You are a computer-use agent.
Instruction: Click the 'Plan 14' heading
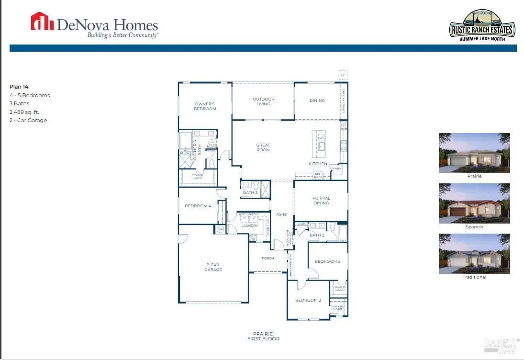point(20,87)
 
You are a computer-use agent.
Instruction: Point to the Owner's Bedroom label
point(205,106)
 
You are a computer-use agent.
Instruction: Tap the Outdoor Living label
point(263,101)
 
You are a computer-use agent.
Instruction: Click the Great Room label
point(263,147)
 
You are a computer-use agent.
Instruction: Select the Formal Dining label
point(321,201)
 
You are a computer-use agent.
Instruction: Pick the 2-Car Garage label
point(213,267)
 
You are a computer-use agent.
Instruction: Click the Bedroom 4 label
point(198,206)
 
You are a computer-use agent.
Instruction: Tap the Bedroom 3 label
point(308,300)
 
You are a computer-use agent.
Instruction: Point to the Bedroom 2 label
point(327,261)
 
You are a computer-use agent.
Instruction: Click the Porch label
point(268,259)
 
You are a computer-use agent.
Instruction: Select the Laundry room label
point(249,225)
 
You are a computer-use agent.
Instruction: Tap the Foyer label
point(282,214)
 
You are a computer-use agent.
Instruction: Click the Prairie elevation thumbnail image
point(474,153)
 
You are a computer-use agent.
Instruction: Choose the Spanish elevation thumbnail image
point(474,203)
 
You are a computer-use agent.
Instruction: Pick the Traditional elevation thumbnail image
point(474,253)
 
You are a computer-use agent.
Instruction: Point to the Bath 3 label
point(250,192)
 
